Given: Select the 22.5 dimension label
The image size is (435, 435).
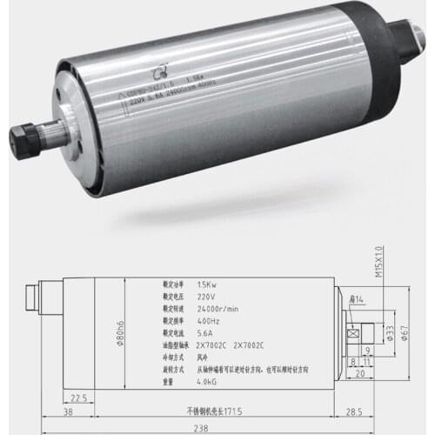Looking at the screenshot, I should coord(78,398).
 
